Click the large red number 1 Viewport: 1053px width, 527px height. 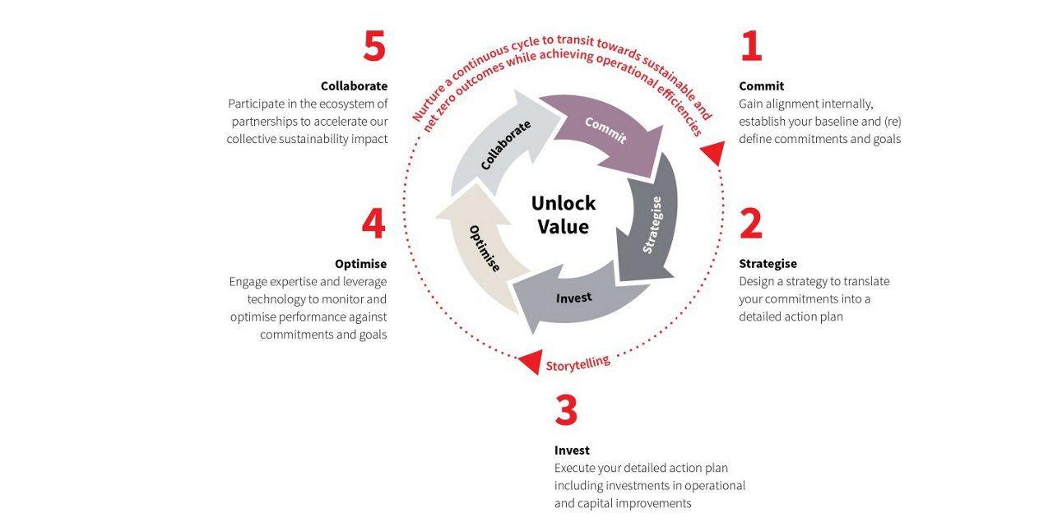tap(751, 46)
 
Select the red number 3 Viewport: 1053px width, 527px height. tap(566, 409)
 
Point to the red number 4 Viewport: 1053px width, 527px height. tap(373, 223)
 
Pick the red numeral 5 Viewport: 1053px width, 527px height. tap(374, 46)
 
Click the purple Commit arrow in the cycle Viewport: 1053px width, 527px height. tap(606, 131)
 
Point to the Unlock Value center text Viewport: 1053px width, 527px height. tap(564, 215)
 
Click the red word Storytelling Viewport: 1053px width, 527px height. tap(578, 363)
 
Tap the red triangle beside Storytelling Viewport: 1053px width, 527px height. tap(531, 360)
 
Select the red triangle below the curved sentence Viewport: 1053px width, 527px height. tap(713, 151)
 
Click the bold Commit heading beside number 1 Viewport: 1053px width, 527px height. tap(761, 86)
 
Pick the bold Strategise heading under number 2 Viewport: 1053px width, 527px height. tap(768, 263)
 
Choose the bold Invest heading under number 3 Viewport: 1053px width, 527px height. tap(572, 450)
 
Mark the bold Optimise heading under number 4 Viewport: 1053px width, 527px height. tap(360, 263)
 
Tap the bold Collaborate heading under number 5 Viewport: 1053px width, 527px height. tap(354, 86)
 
